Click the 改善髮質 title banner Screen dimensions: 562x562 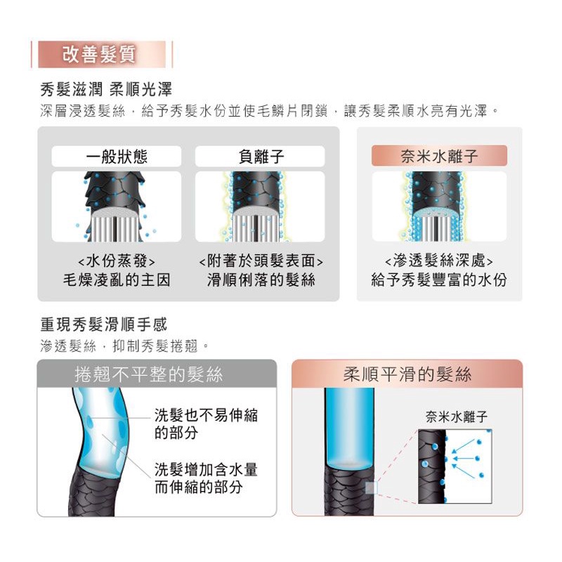(x=102, y=55)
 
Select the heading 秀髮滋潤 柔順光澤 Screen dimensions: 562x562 (x=106, y=89)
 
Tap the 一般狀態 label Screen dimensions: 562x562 (x=117, y=156)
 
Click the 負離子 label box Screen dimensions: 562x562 (x=260, y=156)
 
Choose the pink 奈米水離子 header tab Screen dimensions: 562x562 (x=439, y=155)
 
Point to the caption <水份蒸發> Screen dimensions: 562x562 (x=117, y=261)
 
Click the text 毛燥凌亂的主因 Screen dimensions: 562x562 (x=117, y=280)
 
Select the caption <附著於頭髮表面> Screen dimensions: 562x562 (x=261, y=261)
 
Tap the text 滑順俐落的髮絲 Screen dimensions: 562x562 (x=261, y=280)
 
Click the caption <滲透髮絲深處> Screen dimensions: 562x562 (x=439, y=261)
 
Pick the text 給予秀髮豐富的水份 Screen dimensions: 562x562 (x=439, y=280)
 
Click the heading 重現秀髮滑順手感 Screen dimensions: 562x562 (x=103, y=325)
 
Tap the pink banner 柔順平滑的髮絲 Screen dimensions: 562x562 (x=407, y=374)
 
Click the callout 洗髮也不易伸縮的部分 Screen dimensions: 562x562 (x=206, y=424)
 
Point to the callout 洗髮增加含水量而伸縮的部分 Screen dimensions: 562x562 (x=206, y=478)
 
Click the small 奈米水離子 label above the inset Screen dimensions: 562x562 (x=456, y=417)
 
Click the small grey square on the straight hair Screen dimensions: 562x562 (x=372, y=488)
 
